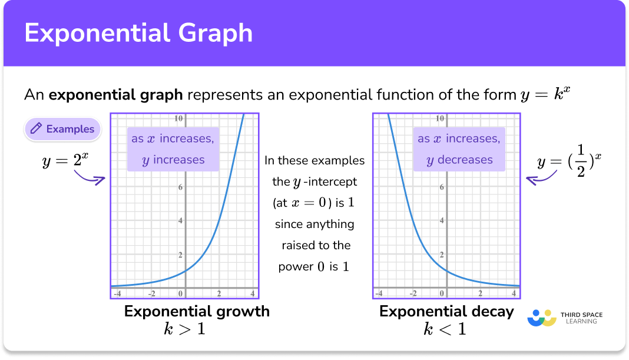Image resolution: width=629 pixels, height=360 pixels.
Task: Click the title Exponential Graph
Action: (x=139, y=33)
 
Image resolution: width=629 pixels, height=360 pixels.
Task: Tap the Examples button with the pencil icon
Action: (x=62, y=129)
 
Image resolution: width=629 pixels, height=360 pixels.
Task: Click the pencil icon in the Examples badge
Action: (x=37, y=129)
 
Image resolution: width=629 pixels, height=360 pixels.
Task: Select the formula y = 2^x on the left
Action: (x=65, y=160)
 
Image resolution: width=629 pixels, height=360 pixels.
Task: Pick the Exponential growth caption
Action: (x=197, y=311)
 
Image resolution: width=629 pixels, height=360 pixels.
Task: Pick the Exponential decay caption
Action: (x=446, y=311)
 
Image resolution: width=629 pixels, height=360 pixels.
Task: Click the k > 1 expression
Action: (x=184, y=329)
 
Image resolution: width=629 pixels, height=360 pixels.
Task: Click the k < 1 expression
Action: (x=445, y=329)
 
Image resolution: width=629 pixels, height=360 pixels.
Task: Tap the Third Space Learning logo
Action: (x=565, y=318)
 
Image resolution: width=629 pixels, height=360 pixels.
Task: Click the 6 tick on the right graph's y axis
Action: (x=442, y=187)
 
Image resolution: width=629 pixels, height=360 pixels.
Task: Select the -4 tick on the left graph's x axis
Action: (x=118, y=294)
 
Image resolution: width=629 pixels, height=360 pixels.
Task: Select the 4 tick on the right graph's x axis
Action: (x=514, y=294)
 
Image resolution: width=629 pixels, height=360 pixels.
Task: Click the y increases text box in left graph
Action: (x=173, y=149)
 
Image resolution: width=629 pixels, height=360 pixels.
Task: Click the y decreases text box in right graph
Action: (x=459, y=149)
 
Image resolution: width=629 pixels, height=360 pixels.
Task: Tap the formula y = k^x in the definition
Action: (x=546, y=94)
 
